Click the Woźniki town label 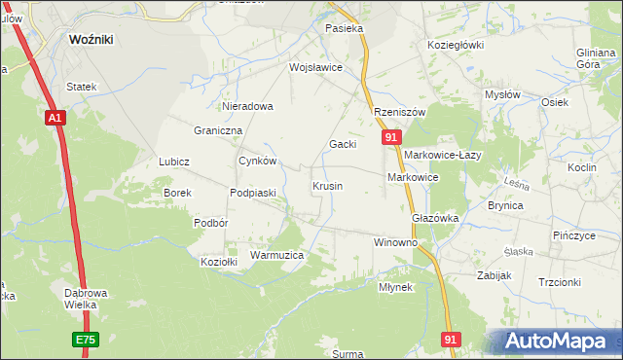tap(94, 41)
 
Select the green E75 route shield tap(85, 340)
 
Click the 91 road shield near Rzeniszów tap(390, 139)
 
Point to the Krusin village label tap(327, 185)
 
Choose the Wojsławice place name tap(315, 68)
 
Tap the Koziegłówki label tap(456, 45)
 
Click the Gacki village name tap(343, 144)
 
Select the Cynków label tap(259, 162)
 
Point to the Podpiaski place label tap(253, 193)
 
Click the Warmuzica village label tap(277, 255)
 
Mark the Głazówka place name tap(435, 219)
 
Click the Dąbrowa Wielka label tap(75, 298)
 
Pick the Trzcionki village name tap(559, 282)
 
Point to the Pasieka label tap(345, 29)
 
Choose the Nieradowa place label tap(248, 106)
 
